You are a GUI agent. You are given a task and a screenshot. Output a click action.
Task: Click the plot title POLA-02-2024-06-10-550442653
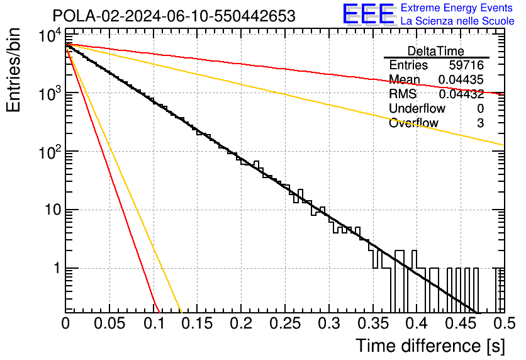[174, 16]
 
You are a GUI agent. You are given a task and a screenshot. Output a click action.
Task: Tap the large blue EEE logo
[368, 14]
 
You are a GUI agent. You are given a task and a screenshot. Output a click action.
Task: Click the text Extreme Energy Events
[457, 8]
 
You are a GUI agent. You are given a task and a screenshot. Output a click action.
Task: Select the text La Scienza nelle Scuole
[457, 21]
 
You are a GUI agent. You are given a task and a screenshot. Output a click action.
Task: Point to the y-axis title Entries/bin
[13, 70]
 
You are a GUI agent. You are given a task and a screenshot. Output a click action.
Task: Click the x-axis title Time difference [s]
[430, 346]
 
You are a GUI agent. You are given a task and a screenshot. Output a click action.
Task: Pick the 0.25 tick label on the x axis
[285, 323]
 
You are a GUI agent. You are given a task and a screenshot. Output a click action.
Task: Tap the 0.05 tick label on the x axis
[109, 323]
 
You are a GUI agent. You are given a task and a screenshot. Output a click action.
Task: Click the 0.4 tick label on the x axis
[417, 323]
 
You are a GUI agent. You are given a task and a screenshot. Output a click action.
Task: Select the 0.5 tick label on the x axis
[504, 323]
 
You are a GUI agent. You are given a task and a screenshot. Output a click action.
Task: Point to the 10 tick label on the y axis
[53, 210]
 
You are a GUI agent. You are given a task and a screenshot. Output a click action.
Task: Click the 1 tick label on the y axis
[57, 268]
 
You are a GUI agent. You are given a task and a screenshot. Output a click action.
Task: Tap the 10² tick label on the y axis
[50, 152]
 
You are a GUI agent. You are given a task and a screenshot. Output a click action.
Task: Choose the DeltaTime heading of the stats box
[436, 51]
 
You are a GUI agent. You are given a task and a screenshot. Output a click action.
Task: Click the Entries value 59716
[466, 65]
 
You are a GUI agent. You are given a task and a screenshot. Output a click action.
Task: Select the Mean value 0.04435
[461, 79]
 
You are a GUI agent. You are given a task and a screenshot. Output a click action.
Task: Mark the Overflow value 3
[480, 123]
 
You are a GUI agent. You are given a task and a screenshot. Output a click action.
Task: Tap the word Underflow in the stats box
[417, 108]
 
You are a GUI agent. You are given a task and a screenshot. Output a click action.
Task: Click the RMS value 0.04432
[461, 94]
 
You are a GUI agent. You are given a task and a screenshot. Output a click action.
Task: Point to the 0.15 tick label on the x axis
[198, 323]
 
